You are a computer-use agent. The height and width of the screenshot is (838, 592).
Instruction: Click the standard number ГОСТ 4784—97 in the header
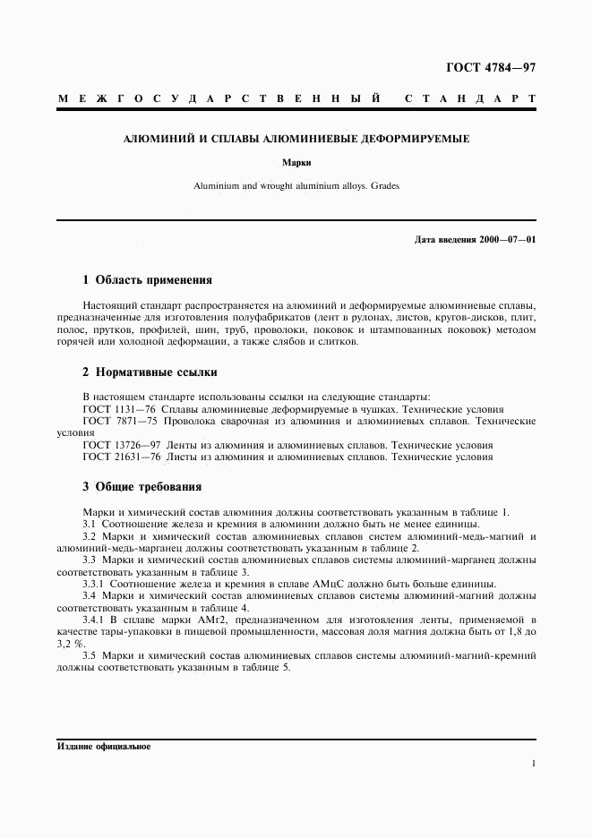(491, 68)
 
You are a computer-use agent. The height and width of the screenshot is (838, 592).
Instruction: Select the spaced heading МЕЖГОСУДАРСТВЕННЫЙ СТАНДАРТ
(296, 98)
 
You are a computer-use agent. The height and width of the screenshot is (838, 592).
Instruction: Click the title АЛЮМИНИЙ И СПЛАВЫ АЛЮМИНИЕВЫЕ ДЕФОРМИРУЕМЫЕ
(296, 140)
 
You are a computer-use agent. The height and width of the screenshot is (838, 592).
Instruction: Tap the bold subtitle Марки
(296, 164)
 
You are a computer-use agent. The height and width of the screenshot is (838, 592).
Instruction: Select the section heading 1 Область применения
(147, 279)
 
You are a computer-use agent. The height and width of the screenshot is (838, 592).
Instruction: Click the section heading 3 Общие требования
(142, 487)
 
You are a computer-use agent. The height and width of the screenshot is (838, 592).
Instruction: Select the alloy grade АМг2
(194, 618)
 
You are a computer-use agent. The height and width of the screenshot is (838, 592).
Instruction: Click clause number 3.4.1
(94, 618)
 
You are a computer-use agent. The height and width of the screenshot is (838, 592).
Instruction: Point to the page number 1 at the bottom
(534, 764)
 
